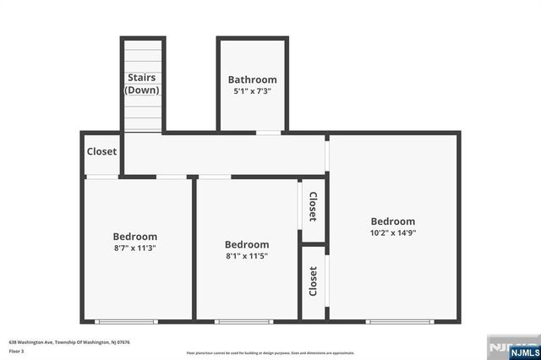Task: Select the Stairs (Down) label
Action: [141, 84]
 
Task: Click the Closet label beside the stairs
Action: [101, 152]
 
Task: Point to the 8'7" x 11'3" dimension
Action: [135, 248]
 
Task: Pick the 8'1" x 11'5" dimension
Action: [247, 256]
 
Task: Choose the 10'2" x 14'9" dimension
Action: [393, 233]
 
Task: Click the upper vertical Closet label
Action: [312, 206]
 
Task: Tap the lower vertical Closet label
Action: [313, 281]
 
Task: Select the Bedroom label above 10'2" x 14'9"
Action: [393, 221]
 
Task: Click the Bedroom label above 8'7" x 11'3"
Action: [135, 237]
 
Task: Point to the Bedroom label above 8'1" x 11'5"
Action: [247, 244]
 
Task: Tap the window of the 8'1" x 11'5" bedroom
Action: [243, 321]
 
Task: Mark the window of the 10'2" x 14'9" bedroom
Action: [400, 321]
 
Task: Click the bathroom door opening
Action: [269, 133]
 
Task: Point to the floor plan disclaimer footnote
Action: [270, 352]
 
